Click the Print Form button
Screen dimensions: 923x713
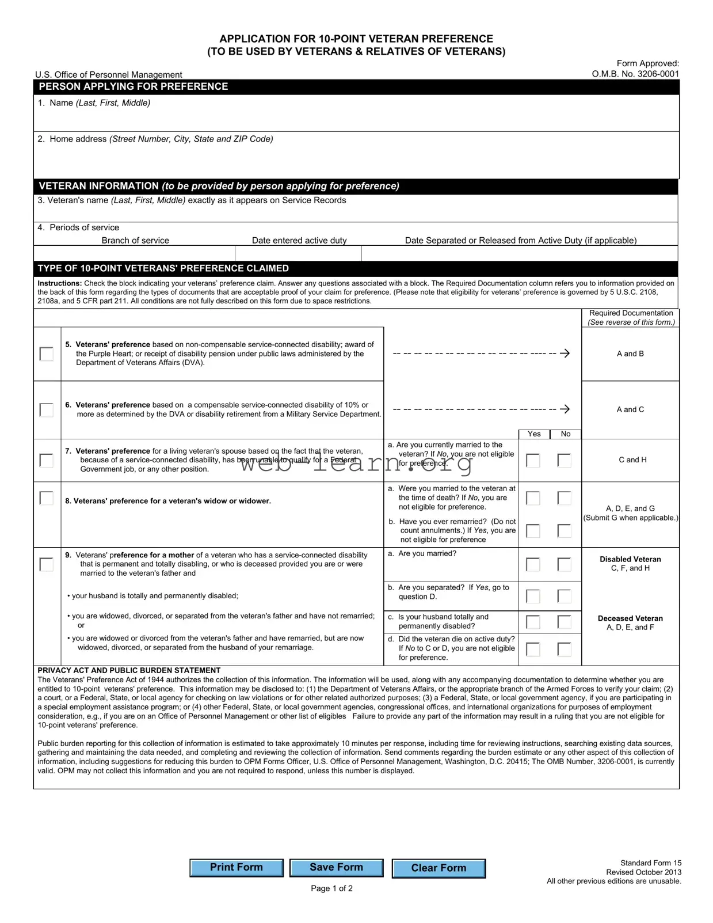tap(236, 867)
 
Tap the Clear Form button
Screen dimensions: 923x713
tap(439, 868)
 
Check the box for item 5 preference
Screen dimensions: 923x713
tap(47, 354)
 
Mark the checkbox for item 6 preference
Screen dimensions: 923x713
tap(47, 409)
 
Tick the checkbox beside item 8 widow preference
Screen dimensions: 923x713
tap(47, 498)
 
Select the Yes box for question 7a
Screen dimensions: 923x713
tap(533, 460)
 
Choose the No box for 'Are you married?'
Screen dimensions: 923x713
tap(565, 564)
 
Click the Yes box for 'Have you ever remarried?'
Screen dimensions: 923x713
tap(533, 530)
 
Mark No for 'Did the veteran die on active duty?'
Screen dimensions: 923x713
tap(565, 649)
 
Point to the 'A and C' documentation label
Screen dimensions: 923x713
tap(630, 409)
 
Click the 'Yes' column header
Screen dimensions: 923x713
tap(534, 434)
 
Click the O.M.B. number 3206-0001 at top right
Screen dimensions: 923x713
tap(635, 74)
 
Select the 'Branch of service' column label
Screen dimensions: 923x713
tap(135, 240)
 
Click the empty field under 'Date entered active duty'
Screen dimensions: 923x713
tap(298, 253)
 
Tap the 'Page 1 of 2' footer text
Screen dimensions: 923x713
tap(331, 888)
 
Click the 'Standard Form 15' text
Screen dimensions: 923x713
tap(650, 863)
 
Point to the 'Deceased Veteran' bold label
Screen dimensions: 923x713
tap(630, 618)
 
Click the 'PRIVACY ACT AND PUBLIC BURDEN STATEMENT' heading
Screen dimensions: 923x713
tap(129, 670)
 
